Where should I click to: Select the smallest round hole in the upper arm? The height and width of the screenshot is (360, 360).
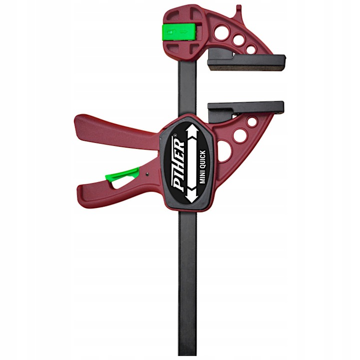pos(250,49)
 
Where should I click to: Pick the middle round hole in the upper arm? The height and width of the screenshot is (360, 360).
pos(238,40)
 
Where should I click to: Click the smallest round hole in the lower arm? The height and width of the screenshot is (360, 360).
pos(252,121)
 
